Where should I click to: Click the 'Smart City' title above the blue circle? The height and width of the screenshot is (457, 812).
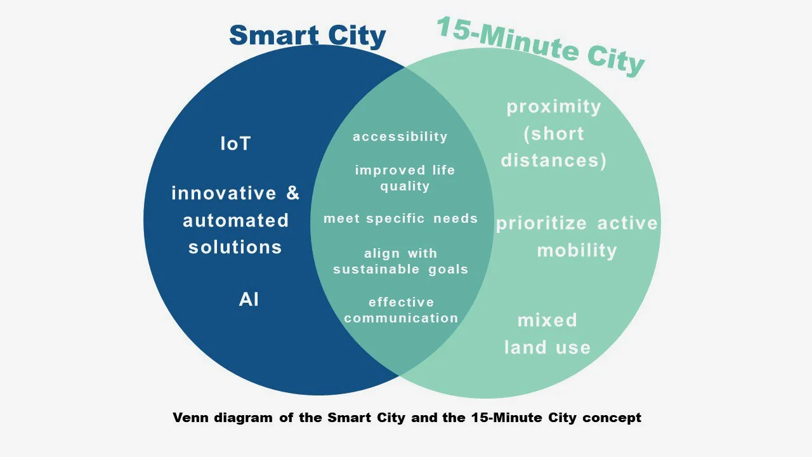pos(307,36)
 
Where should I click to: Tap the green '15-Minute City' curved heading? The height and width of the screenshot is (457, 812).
pos(540,46)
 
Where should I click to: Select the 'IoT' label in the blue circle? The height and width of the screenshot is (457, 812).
pos(235,144)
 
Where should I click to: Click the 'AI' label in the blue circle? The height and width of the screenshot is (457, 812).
pos(249,299)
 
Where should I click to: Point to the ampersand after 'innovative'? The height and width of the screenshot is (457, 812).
pos(292,193)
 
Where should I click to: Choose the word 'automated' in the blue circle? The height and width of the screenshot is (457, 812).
pos(235,220)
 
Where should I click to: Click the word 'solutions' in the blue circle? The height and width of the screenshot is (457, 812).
pos(235,247)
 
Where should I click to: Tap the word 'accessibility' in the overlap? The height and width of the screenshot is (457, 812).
pos(400,136)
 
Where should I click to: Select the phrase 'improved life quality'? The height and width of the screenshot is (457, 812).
pos(405,178)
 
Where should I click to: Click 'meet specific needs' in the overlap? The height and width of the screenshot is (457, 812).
pos(400,218)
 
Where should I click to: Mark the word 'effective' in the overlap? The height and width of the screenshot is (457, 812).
pos(401,302)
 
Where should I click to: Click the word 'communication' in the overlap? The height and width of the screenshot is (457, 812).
pos(401,318)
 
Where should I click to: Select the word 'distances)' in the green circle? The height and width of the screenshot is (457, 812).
pos(553,160)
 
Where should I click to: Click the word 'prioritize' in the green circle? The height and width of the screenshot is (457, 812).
pos(541,223)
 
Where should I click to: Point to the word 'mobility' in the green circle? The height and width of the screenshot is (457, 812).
pos(577,250)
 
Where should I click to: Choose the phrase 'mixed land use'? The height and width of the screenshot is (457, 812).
pos(547,333)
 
